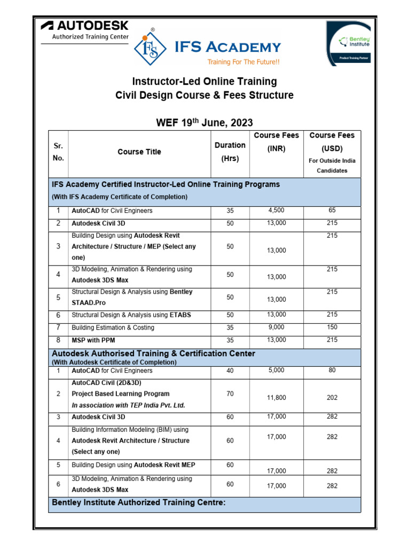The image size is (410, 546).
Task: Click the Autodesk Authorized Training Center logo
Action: point(84,31)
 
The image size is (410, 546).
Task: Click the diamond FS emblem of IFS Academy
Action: point(149,50)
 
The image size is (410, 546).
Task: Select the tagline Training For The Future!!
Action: point(243,62)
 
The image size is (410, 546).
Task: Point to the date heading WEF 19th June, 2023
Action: point(204,122)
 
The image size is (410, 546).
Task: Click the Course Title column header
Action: point(139,152)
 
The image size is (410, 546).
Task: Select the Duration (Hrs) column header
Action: point(230,151)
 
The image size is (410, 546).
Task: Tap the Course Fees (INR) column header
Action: point(276,143)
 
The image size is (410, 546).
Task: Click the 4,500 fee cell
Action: point(276,210)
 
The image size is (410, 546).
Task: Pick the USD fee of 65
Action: point(332,210)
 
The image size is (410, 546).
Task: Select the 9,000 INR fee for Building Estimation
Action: point(276,327)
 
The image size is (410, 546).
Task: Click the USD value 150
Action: point(332,327)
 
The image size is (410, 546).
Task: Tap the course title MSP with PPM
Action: point(93,340)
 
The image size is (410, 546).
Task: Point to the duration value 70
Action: point(230,394)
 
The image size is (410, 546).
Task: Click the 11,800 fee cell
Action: point(276,397)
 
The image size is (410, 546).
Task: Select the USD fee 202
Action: point(332,397)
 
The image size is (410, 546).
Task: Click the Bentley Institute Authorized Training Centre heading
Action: point(139,502)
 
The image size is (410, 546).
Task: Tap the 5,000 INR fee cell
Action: point(276,370)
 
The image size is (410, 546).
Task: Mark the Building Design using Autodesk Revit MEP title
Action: point(133,465)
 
